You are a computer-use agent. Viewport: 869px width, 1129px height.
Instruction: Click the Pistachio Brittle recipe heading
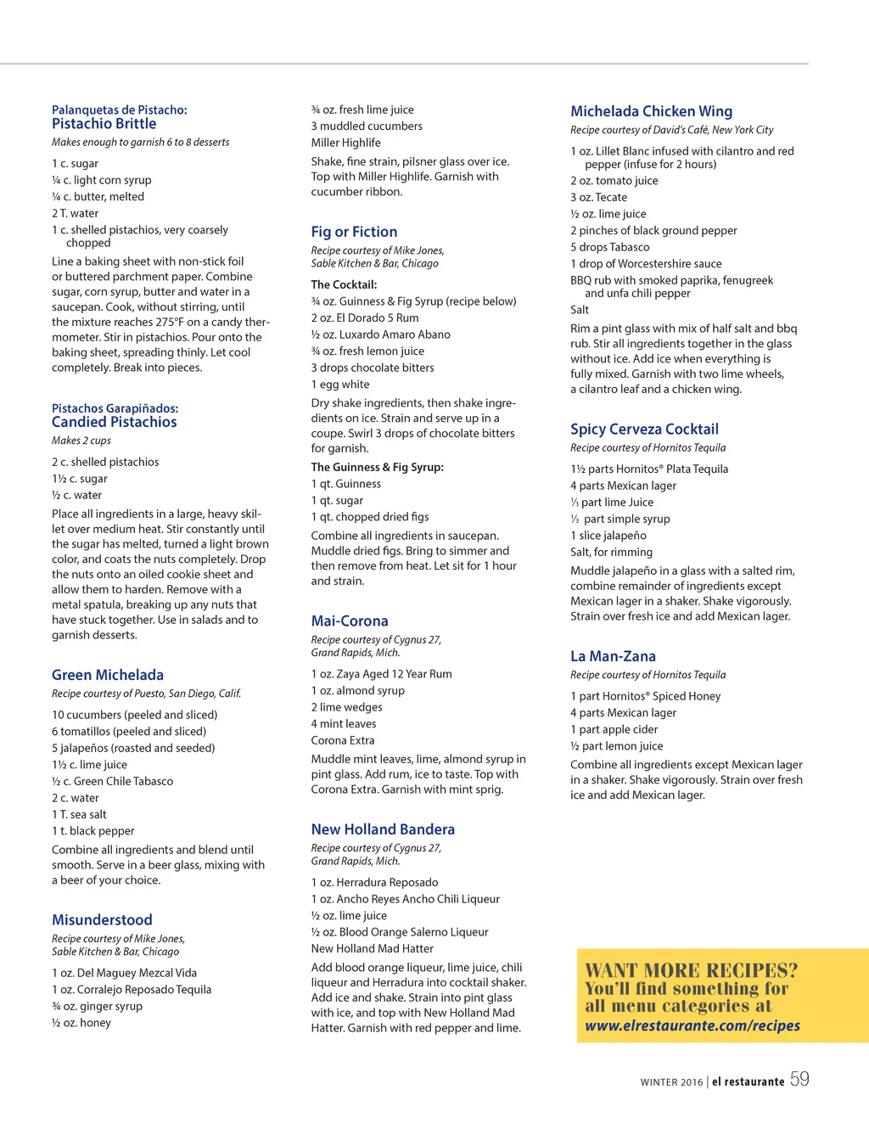pos(104,124)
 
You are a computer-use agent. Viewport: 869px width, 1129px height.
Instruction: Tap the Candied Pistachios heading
pos(114,422)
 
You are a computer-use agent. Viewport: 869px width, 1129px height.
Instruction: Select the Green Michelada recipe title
pos(107,675)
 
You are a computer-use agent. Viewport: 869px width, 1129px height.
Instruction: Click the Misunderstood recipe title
pos(102,919)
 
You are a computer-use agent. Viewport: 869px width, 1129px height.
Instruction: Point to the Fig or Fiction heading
pos(354,232)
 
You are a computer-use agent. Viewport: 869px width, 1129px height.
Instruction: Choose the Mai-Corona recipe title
pos(349,621)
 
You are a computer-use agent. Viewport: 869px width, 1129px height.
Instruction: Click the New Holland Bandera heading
pos(383,829)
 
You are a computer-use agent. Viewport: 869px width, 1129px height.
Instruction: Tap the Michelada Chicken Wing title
pos(651,111)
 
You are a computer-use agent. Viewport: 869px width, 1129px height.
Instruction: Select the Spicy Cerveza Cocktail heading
pos(644,430)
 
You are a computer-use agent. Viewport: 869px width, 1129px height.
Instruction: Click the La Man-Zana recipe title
pos(613,656)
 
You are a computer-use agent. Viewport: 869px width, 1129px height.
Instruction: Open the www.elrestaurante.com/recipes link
pos(692,1025)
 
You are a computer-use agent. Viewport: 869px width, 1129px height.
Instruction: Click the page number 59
pos(799,1079)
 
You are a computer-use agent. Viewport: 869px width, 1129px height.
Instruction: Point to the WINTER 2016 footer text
pos(671,1082)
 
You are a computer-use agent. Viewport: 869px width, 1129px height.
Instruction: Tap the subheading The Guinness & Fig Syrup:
pos(377,467)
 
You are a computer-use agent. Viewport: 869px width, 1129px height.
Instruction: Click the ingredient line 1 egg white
pos(340,385)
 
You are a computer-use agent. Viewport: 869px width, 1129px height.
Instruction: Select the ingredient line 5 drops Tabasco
pos(609,247)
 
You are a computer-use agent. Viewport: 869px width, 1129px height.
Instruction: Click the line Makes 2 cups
pos(81,441)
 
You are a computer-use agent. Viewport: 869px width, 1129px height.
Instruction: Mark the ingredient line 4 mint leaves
pos(343,724)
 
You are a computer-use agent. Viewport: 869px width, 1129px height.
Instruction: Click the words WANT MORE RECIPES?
pos(691,970)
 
